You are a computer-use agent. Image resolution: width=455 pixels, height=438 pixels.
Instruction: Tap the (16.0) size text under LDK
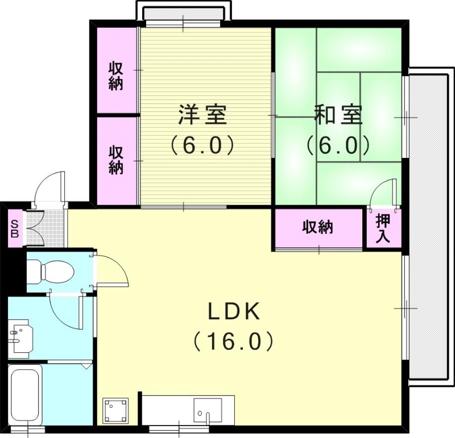[x=233, y=341]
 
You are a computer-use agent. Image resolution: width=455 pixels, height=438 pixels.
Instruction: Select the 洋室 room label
[x=202, y=115]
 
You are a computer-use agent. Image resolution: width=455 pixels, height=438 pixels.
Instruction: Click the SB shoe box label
[x=14, y=228]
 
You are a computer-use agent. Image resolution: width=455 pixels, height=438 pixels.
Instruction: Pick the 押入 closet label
[x=383, y=229]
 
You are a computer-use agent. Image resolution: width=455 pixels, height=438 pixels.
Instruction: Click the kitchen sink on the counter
[x=207, y=408]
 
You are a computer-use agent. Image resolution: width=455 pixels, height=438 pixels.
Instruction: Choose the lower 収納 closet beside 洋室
[x=116, y=160]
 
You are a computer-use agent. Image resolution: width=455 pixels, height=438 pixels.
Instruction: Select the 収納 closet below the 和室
[x=317, y=228]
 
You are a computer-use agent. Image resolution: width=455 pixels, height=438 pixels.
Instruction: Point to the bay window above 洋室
[x=183, y=11]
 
